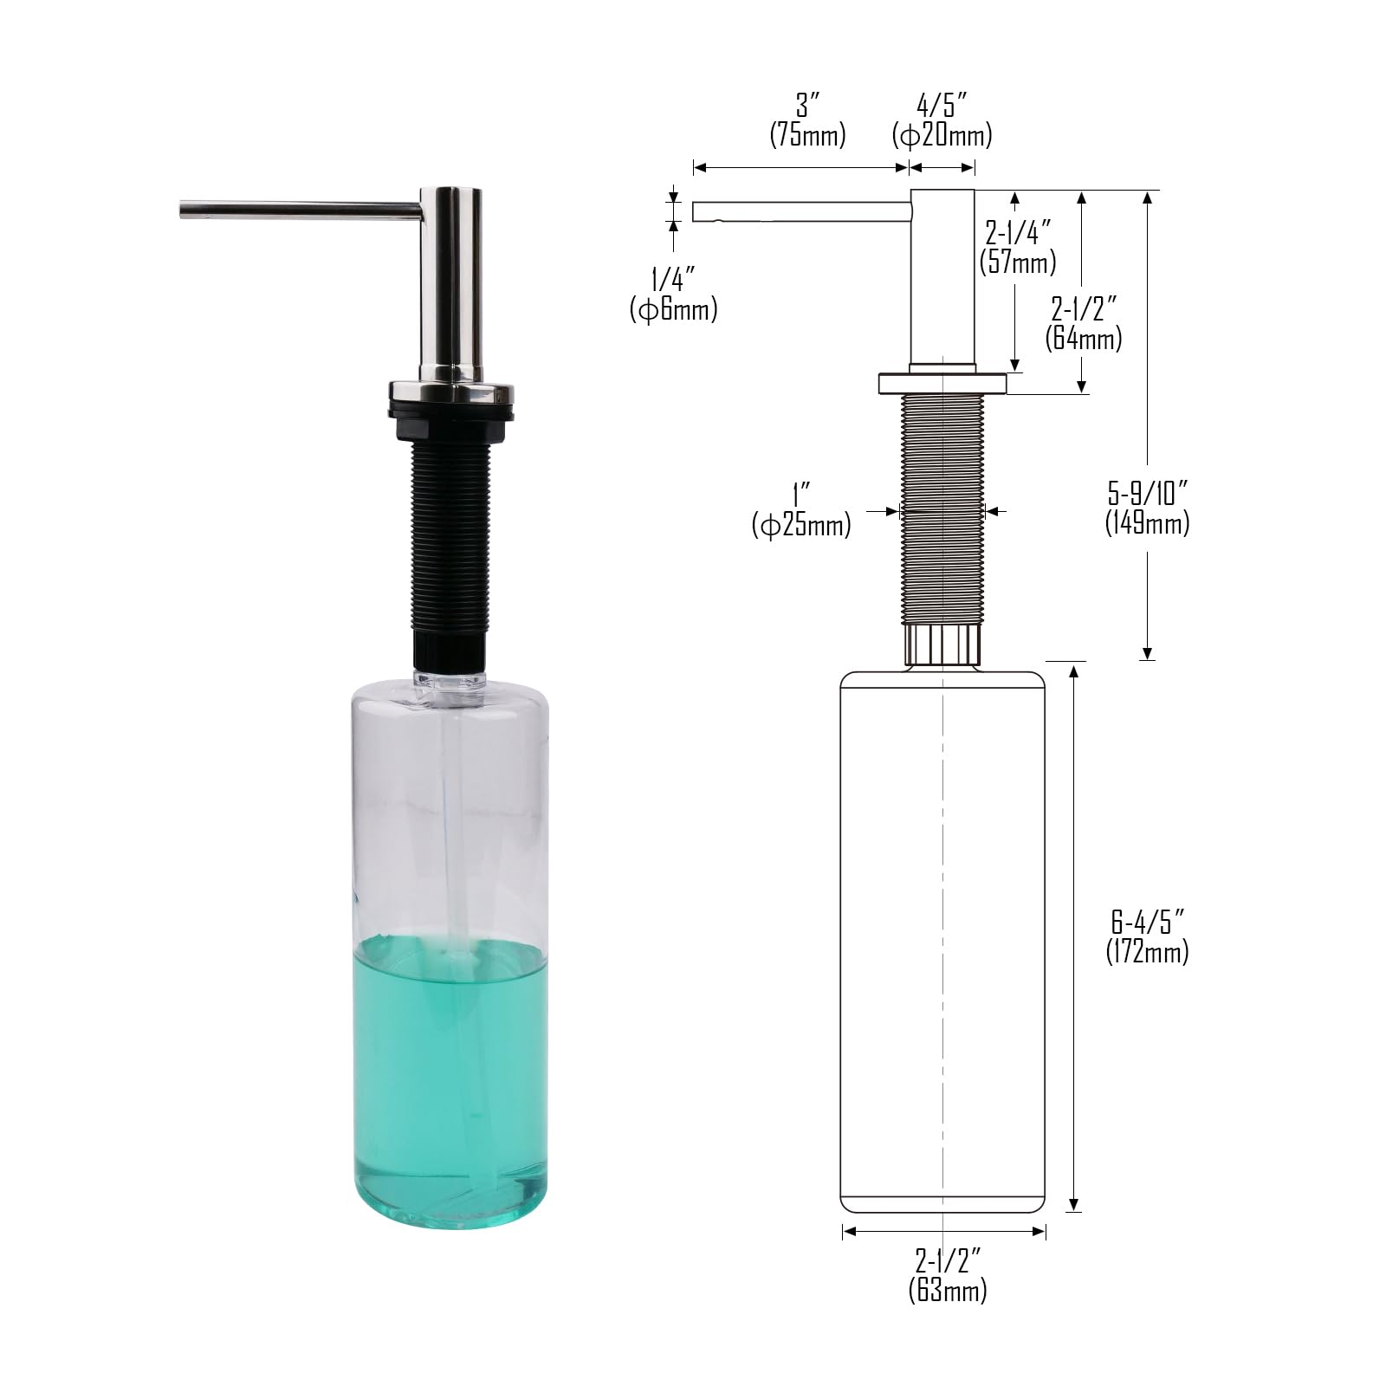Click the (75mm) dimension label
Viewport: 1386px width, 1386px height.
(807, 134)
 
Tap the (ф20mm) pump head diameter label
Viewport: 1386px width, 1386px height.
(942, 134)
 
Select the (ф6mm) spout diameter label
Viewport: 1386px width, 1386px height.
(673, 309)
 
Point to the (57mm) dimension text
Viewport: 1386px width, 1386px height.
(1018, 262)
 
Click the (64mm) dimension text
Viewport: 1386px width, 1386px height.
(1084, 337)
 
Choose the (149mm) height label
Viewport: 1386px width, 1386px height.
(1147, 523)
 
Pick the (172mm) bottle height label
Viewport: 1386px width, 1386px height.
(1147, 951)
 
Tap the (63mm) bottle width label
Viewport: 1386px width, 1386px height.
(947, 1290)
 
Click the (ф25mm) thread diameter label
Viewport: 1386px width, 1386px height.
(801, 525)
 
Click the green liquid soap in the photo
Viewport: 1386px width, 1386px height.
(450, 1074)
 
